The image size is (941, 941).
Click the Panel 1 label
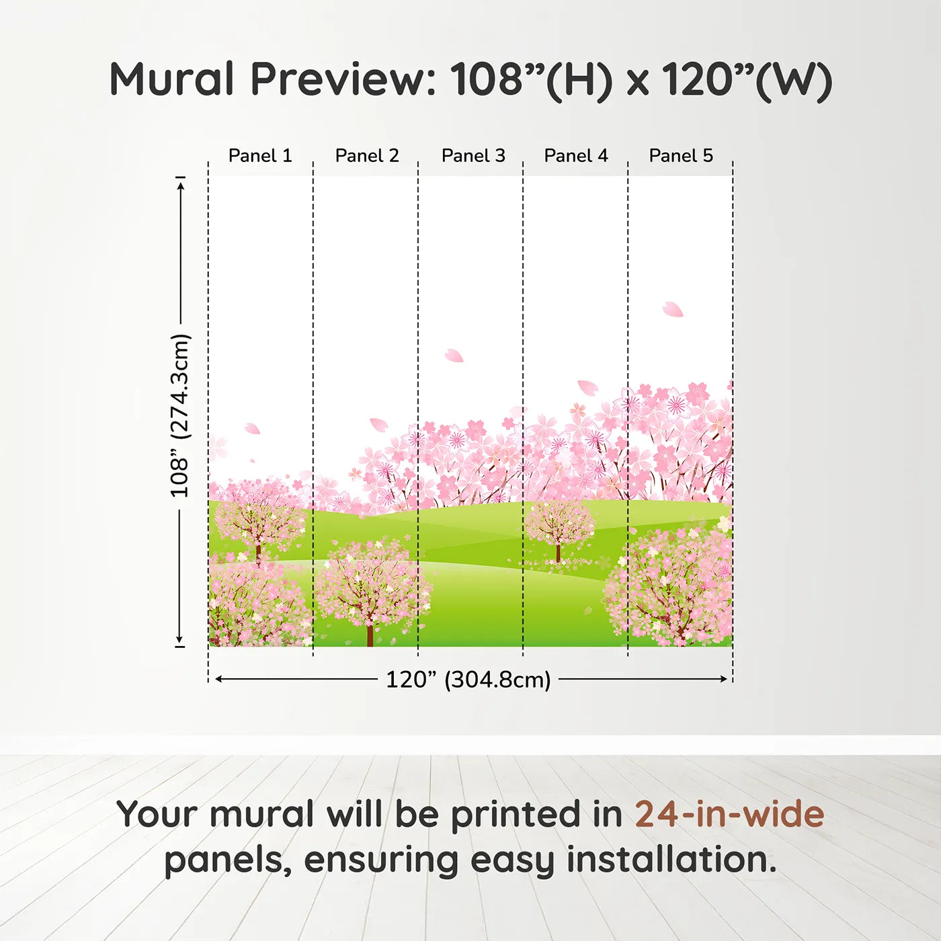(260, 156)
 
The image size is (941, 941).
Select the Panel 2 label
(367, 156)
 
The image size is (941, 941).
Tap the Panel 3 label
(473, 156)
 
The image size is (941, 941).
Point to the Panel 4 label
(576, 156)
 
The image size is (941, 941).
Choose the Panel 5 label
(681, 156)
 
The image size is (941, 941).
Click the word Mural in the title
(171, 79)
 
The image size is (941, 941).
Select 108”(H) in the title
(532, 79)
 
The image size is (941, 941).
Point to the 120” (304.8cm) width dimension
(468, 680)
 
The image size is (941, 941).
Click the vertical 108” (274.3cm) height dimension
(180, 415)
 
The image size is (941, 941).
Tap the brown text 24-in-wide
(729, 814)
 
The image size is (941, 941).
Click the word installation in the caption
(671, 860)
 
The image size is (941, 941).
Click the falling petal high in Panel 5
(672, 309)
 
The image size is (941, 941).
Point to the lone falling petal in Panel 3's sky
(454, 356)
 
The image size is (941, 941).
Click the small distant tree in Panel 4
(559, 528)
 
